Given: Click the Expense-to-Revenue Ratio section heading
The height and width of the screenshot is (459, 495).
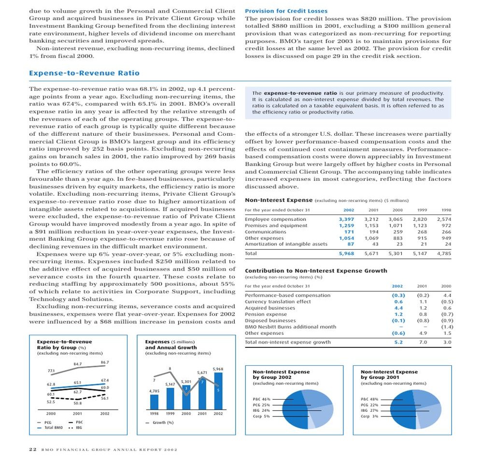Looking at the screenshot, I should pyautogui.click(x=84, y=73).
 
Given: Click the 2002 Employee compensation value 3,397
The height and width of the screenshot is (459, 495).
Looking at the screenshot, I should pyautogui.click(x=347, y=219).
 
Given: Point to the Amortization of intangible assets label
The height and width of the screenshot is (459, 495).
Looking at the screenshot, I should pyautogui.click(x=286, y=244).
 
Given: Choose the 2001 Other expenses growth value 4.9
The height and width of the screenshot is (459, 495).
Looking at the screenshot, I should pyautogui.click(x=423, y=333).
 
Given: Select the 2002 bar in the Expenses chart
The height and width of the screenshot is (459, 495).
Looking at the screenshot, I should pyautogui.click(x=218, y=390).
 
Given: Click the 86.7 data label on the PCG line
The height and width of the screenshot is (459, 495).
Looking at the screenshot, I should pyautogui.click(x=105, y=362).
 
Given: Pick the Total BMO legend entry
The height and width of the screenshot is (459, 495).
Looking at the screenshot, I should pyautogui.click(x=53, y=428).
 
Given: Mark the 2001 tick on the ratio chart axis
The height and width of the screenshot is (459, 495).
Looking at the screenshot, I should pyautogui.click(x=78, y=414).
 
